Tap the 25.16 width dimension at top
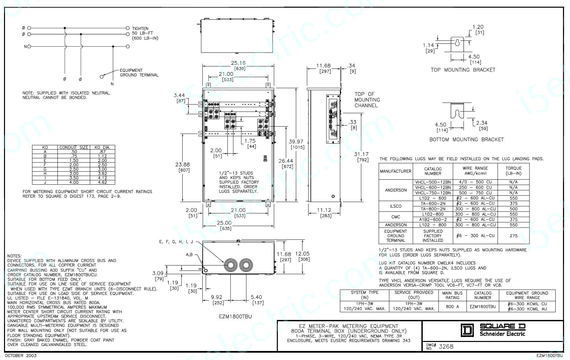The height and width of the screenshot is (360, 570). (238, 63)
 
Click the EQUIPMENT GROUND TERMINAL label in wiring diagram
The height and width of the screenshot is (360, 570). (139, 72)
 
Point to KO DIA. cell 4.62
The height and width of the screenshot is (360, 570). (102, 182)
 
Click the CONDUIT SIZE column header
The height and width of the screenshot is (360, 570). (74, 147)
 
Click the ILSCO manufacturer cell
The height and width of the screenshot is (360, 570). (396, 206)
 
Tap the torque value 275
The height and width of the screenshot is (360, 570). (513, 236)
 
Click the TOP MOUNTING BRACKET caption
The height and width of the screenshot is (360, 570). (463, 70)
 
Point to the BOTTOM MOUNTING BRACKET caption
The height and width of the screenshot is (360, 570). (466, 140)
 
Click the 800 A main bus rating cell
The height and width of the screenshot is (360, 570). (452, 306)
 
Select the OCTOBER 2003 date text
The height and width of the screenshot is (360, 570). (21, 355)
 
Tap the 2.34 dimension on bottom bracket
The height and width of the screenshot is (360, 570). (482, 123)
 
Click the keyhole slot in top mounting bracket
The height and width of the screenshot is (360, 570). (457, 42)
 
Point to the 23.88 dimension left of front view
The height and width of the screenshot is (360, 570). (182, 164)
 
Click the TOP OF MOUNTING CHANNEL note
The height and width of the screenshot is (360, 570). (367, 100)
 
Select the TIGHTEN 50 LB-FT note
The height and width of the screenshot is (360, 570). (145, 33)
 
